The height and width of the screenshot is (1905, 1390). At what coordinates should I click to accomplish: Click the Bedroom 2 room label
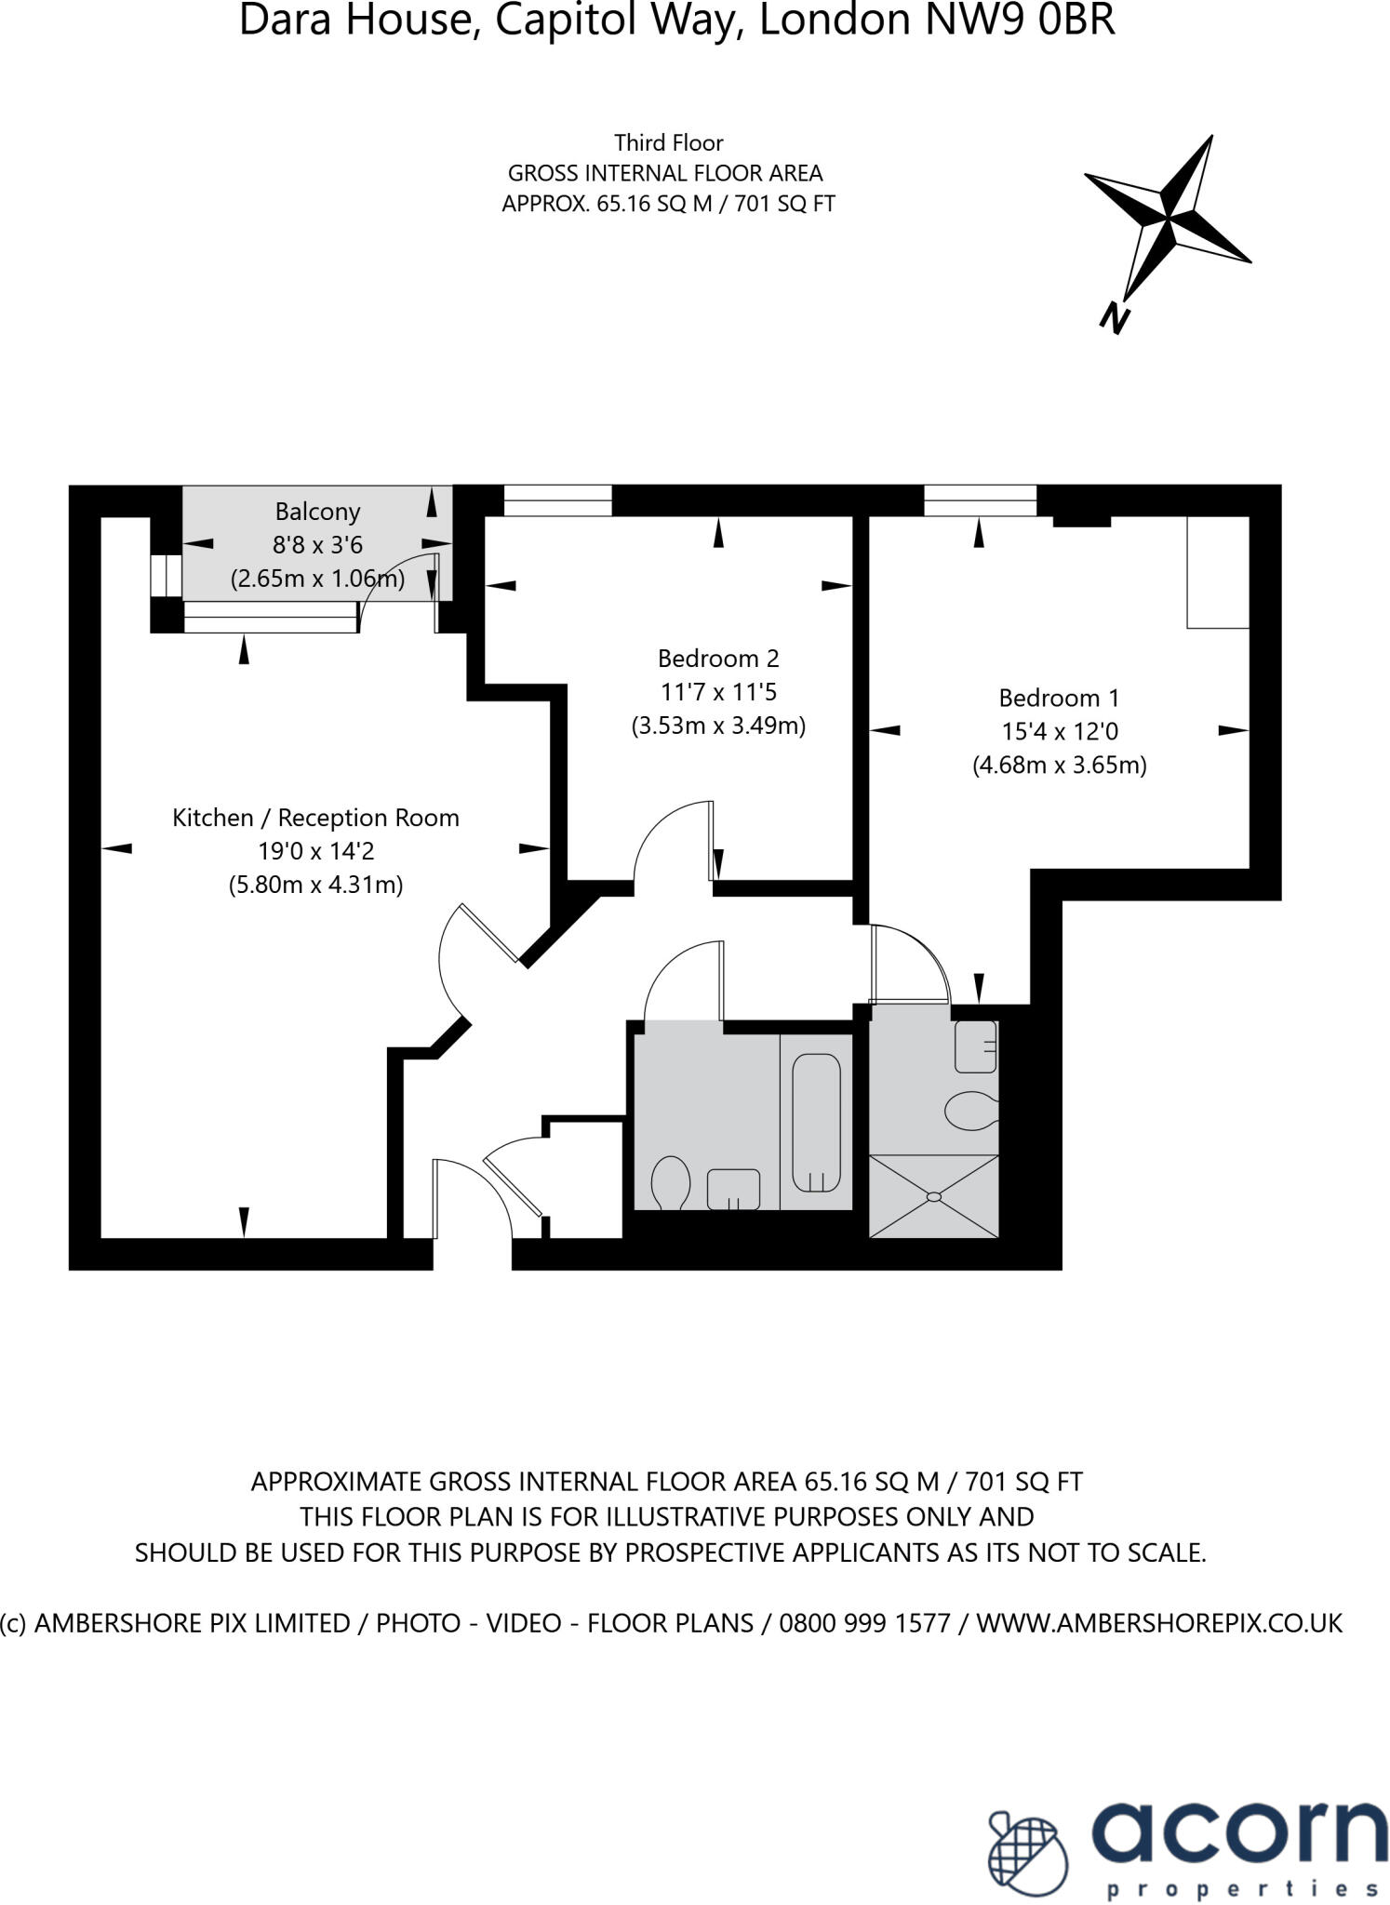point(717,659)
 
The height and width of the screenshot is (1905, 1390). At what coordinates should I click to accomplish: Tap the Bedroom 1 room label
point(1059,698)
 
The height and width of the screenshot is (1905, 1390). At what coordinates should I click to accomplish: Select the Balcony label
point(317,512)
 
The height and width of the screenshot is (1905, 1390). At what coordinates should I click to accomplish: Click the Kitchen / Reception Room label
point(315,818)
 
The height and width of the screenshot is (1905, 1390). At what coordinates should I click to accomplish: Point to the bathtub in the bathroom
point(816,1123)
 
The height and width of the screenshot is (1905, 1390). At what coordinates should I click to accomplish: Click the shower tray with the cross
point(933,1196)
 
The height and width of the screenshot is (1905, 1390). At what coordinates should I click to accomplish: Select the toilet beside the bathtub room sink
point(670,1183)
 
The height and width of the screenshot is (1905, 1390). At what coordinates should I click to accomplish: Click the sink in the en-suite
point(975,1046)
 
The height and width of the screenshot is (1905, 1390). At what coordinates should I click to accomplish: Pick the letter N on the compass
point(1114,318)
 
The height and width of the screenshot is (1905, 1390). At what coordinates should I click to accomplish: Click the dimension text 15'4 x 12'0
point(1059,731)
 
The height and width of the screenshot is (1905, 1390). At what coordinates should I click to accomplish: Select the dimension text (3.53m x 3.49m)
point(717,726)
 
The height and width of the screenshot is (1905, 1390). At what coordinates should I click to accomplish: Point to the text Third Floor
point(668,142)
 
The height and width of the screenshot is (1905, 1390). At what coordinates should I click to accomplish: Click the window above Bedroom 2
point(557,500)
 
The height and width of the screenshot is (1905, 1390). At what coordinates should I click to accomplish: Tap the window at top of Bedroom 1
point(980,500)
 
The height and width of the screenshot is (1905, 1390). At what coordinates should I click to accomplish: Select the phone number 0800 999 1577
point(864,1623)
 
